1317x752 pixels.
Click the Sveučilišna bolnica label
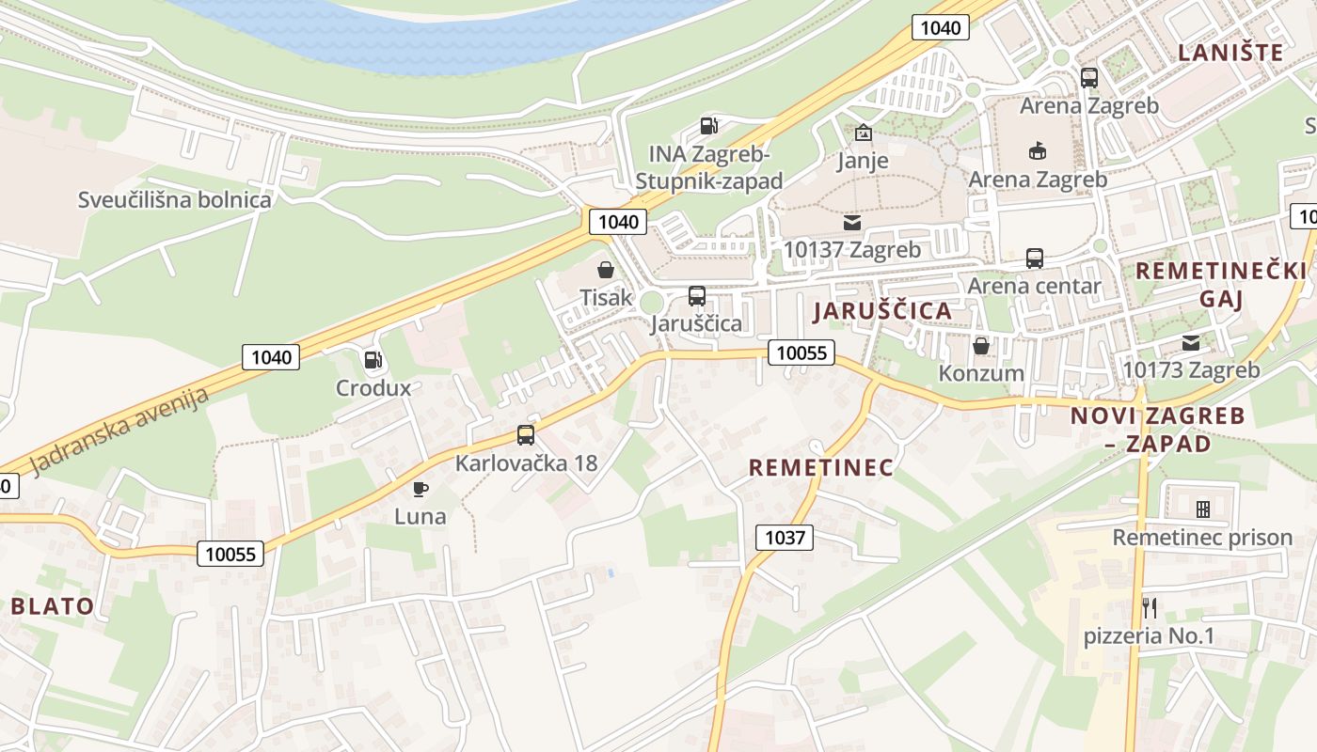coord(175,199)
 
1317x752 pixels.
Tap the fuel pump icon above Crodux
coord(373,359)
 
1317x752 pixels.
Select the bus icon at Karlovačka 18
coord(526,435)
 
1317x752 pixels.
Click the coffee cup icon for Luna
coord(420,489)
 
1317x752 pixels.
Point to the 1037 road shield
coord(785,537)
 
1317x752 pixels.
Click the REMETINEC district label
coord(820,467)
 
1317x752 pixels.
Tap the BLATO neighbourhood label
coord(53,605)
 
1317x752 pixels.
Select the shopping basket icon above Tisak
coord(606,270)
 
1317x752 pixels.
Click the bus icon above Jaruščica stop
coord(696,296)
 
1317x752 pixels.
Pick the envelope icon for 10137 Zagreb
coord(852,223)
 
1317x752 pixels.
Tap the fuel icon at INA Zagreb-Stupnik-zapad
coord(709,125)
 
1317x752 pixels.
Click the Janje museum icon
coord(863,133)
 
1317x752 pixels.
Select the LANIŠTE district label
coord(1230,53)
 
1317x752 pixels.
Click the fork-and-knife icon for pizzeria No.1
coord(1149,607)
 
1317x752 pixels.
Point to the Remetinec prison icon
coord(1202,509)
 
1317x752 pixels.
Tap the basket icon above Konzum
coord(981,346)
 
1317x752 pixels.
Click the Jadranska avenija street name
coord(119,431)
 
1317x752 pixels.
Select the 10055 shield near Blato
coord(230,554)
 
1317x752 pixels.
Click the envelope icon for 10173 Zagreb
coord(1191,342)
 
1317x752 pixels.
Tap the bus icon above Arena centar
coord(1035,258)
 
